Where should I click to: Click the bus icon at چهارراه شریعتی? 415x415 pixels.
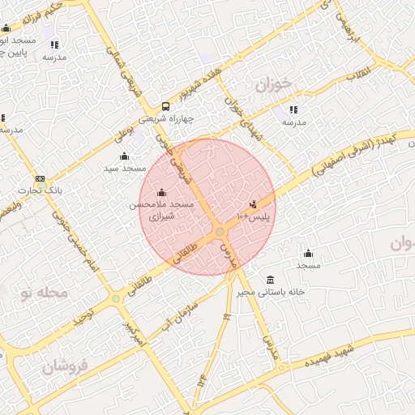pyautogui.click(x=166, y=106)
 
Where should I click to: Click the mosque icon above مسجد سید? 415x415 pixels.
pyautogui.click(x=124, y=156)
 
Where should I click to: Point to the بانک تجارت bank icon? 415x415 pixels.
pyautogui.click(x=40, y=178)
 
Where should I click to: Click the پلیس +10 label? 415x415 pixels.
pyautogui.click(x=253, y=217)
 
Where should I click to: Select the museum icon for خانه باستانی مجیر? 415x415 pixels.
pyautogui.click(x=269, y=279)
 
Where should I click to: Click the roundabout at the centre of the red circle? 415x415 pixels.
pyautogui.click(x=220, y=233)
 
